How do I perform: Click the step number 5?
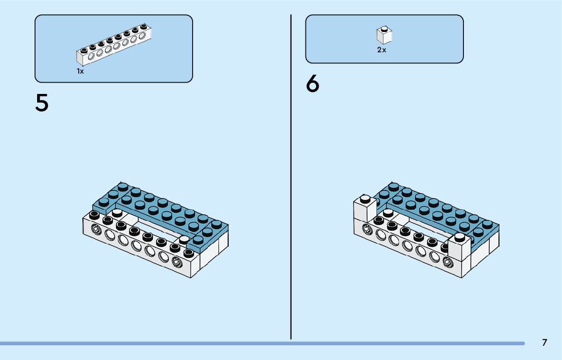tap(42, 103)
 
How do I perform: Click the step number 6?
tap(313, 84)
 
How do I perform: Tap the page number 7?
tap(544, 343)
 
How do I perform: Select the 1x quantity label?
tap(80, 72)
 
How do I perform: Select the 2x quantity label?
tap(382, 50)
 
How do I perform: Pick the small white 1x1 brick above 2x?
tap(384, 35)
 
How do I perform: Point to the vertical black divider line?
tap(291, 178)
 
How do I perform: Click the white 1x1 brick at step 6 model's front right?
tap(459, 249)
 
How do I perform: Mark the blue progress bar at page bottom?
tap(262, 344)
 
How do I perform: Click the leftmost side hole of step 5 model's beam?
tap(96, 230)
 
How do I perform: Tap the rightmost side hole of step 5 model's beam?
tap(177, 263)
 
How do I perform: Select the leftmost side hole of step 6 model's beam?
tap(367, 230)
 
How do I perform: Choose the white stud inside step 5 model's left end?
tap(117, 212)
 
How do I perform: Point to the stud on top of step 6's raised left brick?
tap(364, 199)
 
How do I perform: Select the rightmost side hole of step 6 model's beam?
tap(448, 263)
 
